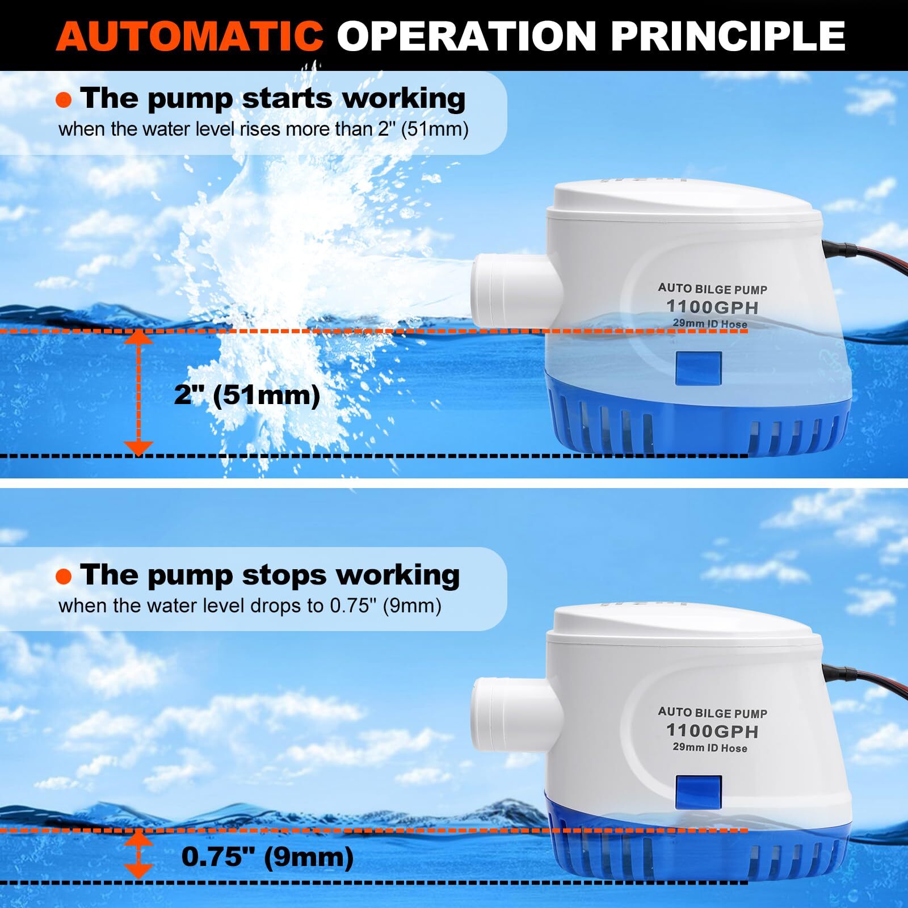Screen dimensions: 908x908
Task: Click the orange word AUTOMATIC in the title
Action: click(190, 35)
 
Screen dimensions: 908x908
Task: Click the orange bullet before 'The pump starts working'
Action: click(64, 100)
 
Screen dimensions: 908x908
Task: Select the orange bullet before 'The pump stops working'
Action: click(64, 577)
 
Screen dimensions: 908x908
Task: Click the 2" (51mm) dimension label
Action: click(247, 394)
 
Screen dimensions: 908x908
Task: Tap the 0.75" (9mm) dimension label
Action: click(267, 857)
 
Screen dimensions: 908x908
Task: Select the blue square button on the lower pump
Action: click(698, 793)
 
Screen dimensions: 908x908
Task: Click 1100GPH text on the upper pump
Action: click(712, 307)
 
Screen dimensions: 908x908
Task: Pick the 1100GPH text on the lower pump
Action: click(712, 730)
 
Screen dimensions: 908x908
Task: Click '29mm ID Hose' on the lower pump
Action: click(709, 748)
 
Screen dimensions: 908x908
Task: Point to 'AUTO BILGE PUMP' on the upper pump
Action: click(712, 289)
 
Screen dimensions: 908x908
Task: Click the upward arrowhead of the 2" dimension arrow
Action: click(138, 338)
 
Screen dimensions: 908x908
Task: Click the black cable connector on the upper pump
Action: click(839, 249)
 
